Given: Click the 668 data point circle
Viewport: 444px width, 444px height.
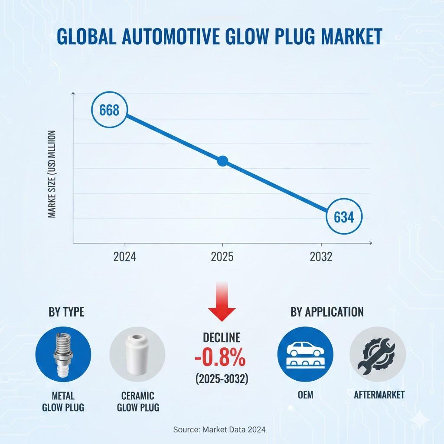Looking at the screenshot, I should pos(109,110).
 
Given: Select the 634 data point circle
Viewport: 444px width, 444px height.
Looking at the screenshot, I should pos(344,217).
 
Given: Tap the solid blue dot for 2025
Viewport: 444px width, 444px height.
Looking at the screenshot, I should pos(222,161).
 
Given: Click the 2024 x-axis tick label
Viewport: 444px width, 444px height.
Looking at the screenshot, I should pos(125,257).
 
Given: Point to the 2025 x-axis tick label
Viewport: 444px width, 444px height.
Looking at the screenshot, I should pos(222,257).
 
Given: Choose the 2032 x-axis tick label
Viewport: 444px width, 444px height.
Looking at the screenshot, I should pos(321,257).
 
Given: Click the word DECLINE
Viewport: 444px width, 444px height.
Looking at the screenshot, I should pos(222,338).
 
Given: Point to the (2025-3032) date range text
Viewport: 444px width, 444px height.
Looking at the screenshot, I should pos(222,379).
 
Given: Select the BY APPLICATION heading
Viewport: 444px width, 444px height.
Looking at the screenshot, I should pos(327,312).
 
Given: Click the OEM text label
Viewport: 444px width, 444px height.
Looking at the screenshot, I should pos(305,395).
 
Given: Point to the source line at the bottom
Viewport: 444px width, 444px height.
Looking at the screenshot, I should pos(219,429).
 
